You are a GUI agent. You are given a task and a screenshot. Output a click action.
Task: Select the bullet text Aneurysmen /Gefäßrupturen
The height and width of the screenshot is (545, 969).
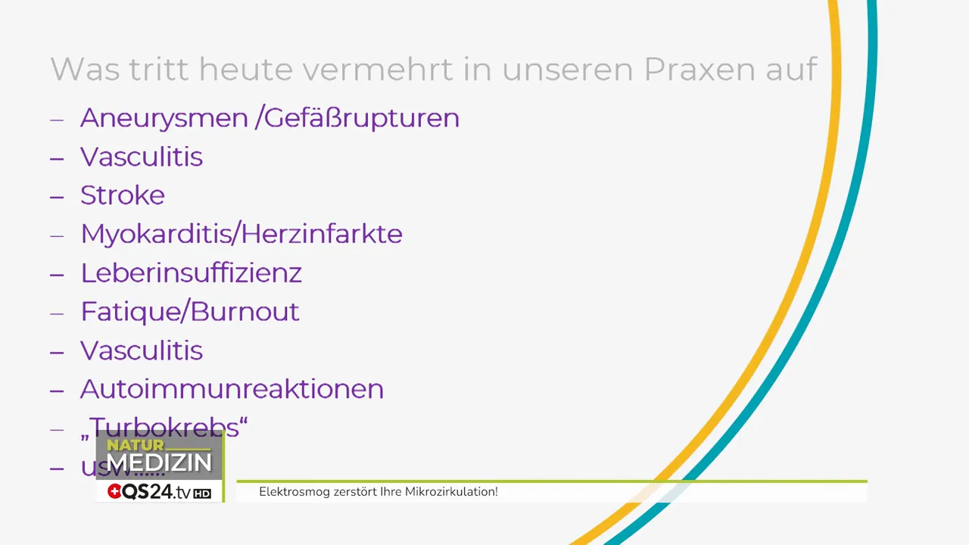point(270,118)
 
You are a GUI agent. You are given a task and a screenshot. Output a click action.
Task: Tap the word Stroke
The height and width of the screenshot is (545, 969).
point(123,195)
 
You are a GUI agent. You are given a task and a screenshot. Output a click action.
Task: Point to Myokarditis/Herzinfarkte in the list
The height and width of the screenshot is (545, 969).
point(241,234)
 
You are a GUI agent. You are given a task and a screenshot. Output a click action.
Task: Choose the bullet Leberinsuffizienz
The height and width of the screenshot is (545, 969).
point(191,272)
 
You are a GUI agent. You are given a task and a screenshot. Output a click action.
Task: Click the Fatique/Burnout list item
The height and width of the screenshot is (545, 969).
point(190,311)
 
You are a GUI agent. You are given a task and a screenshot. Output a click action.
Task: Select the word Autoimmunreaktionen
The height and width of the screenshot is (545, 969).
point(232,389)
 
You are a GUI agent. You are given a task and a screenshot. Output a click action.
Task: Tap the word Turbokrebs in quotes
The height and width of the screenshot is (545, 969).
point(168,428)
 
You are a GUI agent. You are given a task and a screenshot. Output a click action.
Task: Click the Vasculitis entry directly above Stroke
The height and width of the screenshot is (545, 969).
point(142,157)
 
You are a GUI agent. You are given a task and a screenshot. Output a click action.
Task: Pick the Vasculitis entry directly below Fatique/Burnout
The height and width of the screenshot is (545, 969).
point(142,350)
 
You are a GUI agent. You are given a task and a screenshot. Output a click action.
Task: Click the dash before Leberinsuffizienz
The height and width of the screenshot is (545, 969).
point(57,273)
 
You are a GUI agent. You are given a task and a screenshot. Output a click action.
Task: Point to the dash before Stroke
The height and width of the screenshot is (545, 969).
point(57,196)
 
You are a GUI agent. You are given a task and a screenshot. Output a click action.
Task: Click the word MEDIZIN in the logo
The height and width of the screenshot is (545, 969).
point(159,462)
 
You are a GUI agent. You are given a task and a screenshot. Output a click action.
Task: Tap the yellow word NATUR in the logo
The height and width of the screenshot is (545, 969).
point(136,445)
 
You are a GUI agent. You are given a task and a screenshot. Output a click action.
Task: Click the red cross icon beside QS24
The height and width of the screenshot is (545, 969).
point(114,492)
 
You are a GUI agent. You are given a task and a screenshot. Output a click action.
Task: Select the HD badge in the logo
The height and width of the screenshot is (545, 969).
point(202,494)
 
